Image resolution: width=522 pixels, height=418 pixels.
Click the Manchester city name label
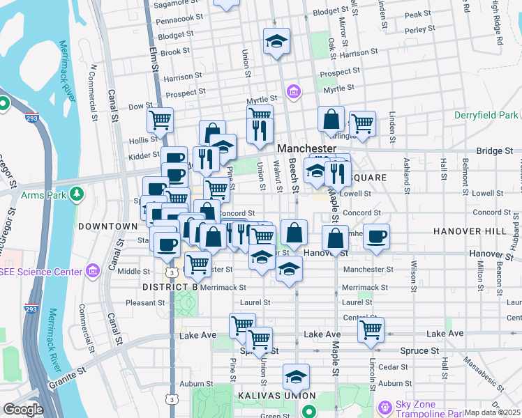(308, 149)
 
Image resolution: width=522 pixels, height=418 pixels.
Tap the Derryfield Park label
(486, 115)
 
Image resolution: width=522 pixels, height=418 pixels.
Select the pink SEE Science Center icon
(92, 270)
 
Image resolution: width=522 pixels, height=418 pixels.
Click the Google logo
(23, 410)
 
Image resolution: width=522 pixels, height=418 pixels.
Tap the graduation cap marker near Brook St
(276, 40)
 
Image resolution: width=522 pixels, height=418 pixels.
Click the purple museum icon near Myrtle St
(294, 91)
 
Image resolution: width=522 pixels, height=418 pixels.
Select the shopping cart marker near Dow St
(161, 120)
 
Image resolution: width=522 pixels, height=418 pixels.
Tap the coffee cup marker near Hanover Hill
(377, 236)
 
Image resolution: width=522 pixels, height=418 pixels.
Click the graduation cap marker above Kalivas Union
(296, 376)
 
